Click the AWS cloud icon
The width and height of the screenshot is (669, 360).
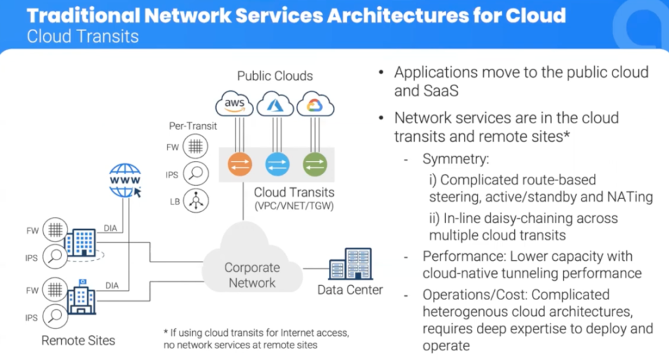coord(235,104)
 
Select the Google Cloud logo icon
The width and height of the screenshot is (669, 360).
coord(315,104)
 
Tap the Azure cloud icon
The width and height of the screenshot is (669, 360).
coord(275,105)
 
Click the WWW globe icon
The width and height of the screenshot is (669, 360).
coord(125,181)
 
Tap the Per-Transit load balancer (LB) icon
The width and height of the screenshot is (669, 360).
coord(196,201)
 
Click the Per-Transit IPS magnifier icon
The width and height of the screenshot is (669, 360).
coord(196,174)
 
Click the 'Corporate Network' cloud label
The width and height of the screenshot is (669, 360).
coord(252,275)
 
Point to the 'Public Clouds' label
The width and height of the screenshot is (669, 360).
coord(275,76)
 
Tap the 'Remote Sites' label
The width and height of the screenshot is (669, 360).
coord(78,340)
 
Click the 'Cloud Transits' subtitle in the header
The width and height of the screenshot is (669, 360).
coord(83,36)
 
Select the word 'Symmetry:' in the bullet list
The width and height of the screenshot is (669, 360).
coord(456,159)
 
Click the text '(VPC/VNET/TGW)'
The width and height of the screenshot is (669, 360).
coord(293,206)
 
